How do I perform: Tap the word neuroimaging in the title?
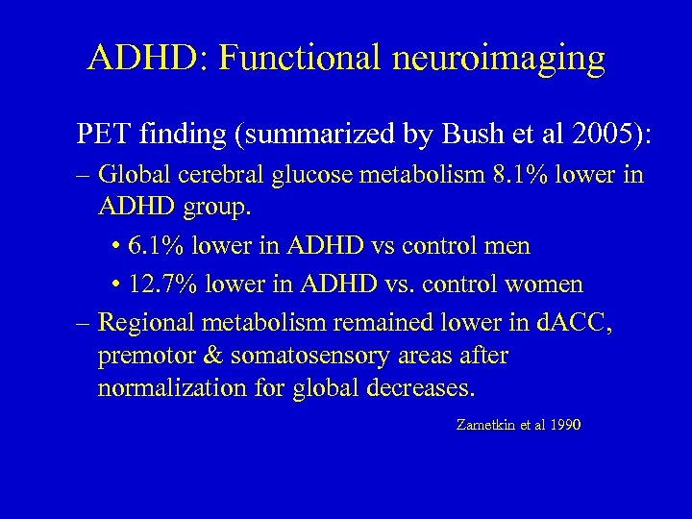[x=499, y=59]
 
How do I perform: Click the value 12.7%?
[x=168, y=284]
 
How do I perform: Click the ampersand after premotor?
[x=210, y=357]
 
